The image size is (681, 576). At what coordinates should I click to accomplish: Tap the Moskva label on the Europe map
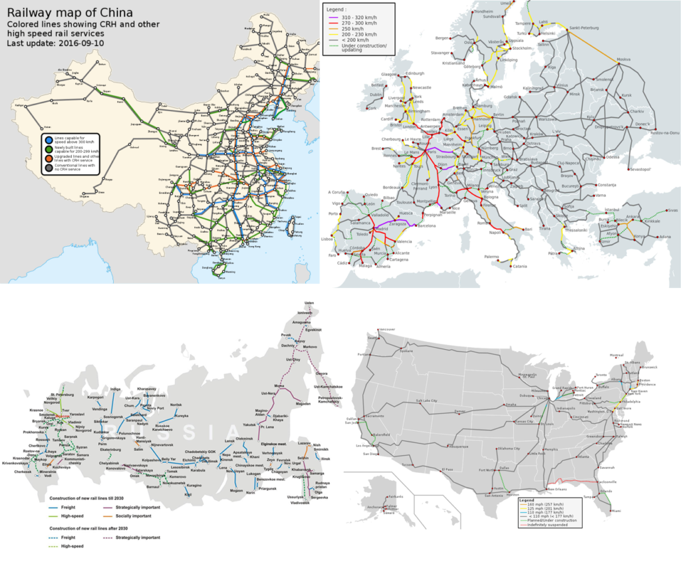tap(623, 59)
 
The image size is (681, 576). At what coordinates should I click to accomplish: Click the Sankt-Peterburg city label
tap(585, 28)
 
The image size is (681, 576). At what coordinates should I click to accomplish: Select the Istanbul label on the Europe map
tap(593, 209)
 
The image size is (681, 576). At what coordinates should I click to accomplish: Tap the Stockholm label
tap(522, 48)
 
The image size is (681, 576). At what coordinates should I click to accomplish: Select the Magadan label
tap(303, 403)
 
